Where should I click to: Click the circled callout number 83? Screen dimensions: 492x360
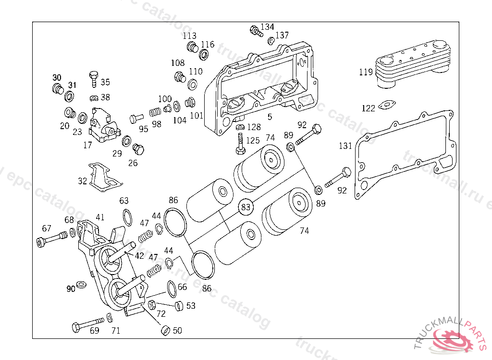click(x=246, y=207)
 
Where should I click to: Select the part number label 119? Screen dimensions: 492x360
click(x=366, y=72)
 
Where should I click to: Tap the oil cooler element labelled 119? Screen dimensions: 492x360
click(x=413, y=64)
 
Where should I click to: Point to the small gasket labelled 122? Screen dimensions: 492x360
click(x=387, y=105)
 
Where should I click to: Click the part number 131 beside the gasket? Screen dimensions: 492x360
click(x=345, y=146)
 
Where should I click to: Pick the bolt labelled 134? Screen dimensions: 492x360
click(x=257, y=31)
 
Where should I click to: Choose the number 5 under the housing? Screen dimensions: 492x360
click(x=270, y=117)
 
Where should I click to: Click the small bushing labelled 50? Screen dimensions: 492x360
click(x=165, y=331)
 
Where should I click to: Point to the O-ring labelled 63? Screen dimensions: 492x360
click(x=127, y=217)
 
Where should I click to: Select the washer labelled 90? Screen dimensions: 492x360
click(x=82, y=284)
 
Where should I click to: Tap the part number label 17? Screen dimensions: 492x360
click(x=87, y=145)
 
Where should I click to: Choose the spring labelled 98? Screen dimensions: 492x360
click(x=155, y=112)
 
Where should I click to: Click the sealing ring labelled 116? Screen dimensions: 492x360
click(x=204, y=55)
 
